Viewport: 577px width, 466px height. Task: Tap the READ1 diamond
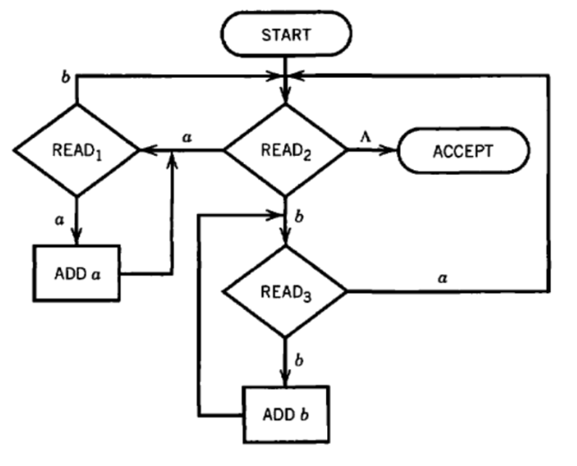point(74,150)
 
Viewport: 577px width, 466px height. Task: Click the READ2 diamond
point(284,150)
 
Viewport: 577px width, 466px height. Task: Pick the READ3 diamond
point(284,291)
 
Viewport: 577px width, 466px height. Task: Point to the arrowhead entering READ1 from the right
point(144,150)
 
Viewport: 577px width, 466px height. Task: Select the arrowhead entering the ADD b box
point(285,379)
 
